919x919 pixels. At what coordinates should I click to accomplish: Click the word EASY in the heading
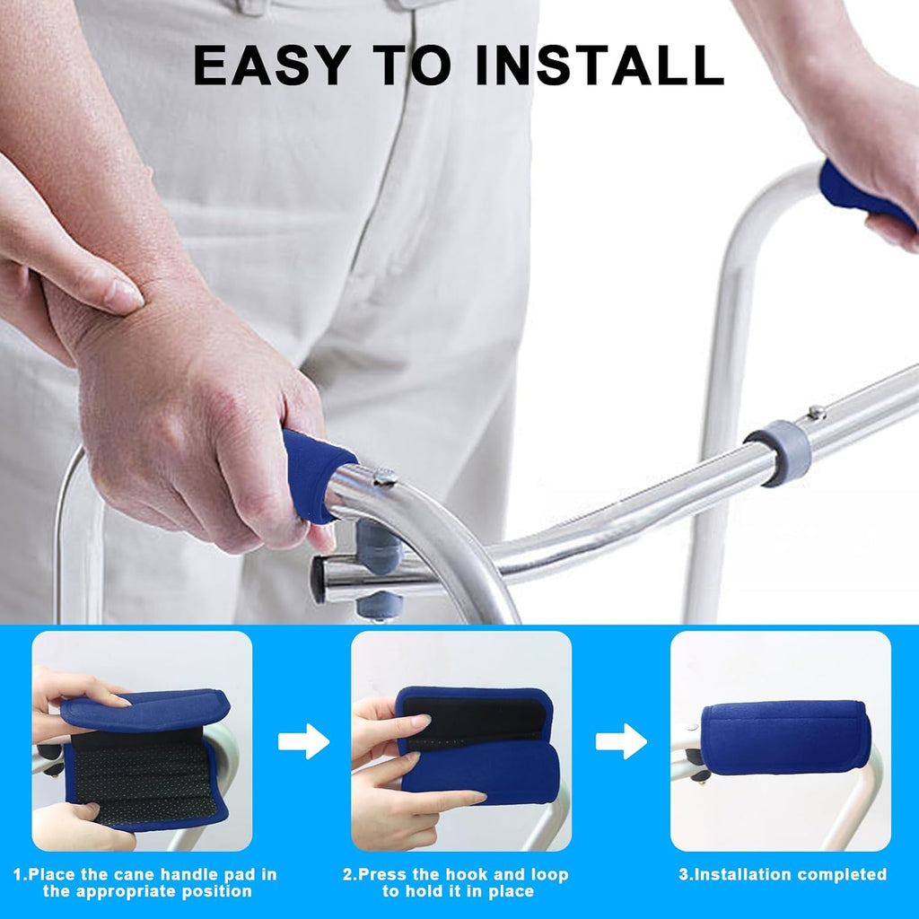[x=266, y=65]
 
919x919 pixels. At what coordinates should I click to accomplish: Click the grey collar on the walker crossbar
[x=777, y=453]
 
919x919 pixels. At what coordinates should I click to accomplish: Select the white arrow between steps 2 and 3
[x=621, y=741]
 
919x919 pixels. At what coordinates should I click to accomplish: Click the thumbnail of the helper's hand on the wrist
[x=125, y=295]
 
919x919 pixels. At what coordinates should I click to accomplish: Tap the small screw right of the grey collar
[x=816, y=413]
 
